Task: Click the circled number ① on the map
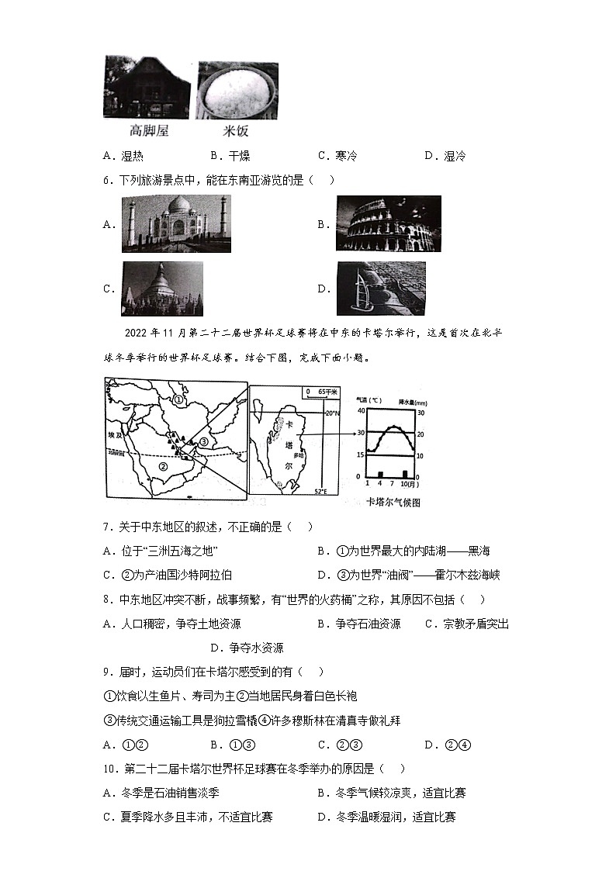(178, 400)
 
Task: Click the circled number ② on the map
(163, 466)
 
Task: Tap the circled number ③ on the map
(204, 441)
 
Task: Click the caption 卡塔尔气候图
(393, 502)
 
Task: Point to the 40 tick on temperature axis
(359, 410)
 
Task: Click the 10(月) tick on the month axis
(408, 483)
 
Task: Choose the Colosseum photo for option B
(388, 223)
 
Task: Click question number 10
(109, 769)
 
